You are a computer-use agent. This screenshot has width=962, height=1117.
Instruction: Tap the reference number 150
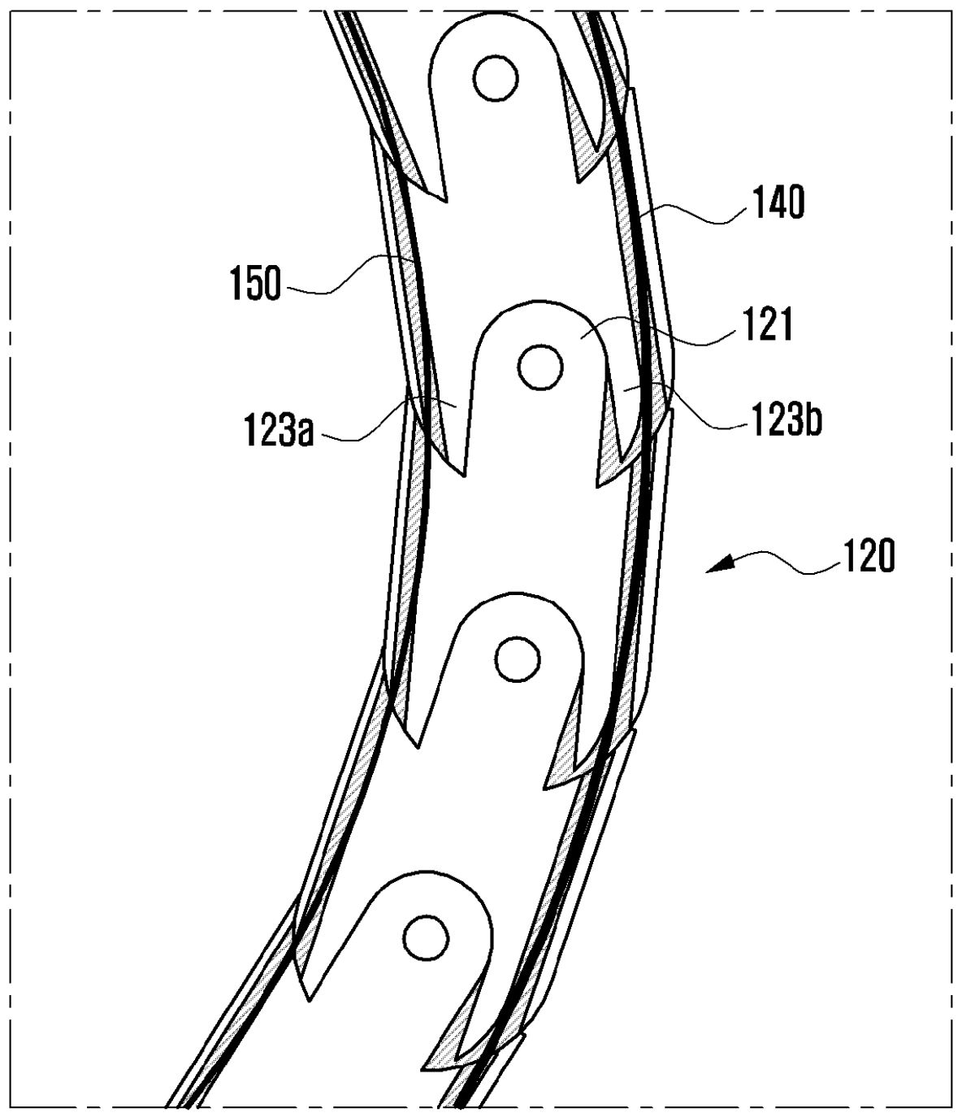255,283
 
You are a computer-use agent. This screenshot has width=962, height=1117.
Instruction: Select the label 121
767,324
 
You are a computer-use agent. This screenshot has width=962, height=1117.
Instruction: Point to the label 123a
278,429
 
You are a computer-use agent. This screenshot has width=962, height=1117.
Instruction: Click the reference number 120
866,557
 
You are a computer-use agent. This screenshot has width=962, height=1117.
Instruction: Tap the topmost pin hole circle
496,78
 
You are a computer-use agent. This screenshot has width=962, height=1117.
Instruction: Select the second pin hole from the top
540,367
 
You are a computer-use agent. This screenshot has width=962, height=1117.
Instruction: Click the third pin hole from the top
517,658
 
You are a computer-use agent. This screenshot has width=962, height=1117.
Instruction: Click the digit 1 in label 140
758,202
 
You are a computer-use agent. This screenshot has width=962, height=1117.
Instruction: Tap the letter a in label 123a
304,434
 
